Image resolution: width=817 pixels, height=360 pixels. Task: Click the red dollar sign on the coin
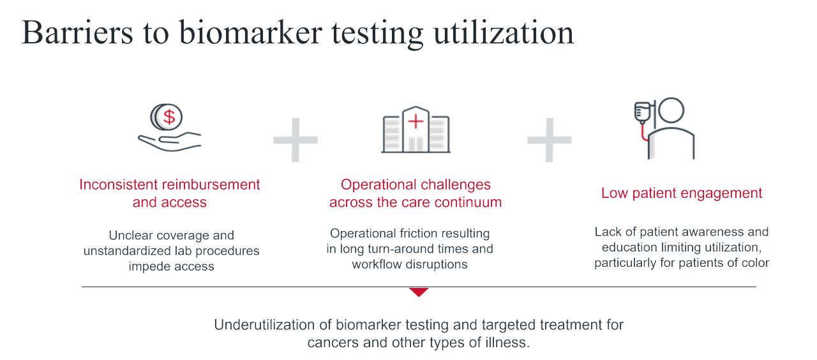click(x=169, y=117)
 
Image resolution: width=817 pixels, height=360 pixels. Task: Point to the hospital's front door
click(x=416, y=144)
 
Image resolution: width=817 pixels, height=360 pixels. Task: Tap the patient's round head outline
click(x=670, y=112)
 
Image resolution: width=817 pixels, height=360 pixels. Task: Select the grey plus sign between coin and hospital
click(x=296, y=139)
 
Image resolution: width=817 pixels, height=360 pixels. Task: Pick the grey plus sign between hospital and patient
click(x=549, y=139)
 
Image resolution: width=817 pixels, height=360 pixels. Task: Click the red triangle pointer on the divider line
click(x=419, y=292)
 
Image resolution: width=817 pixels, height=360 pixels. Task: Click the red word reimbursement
click(x=211, y=184)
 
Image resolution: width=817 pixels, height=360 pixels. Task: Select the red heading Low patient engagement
click(x=682, y=193)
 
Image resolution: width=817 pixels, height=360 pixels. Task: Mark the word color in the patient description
click(x=753, y=262)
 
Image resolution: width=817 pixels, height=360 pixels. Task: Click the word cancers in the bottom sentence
click(x=331, y=342)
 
